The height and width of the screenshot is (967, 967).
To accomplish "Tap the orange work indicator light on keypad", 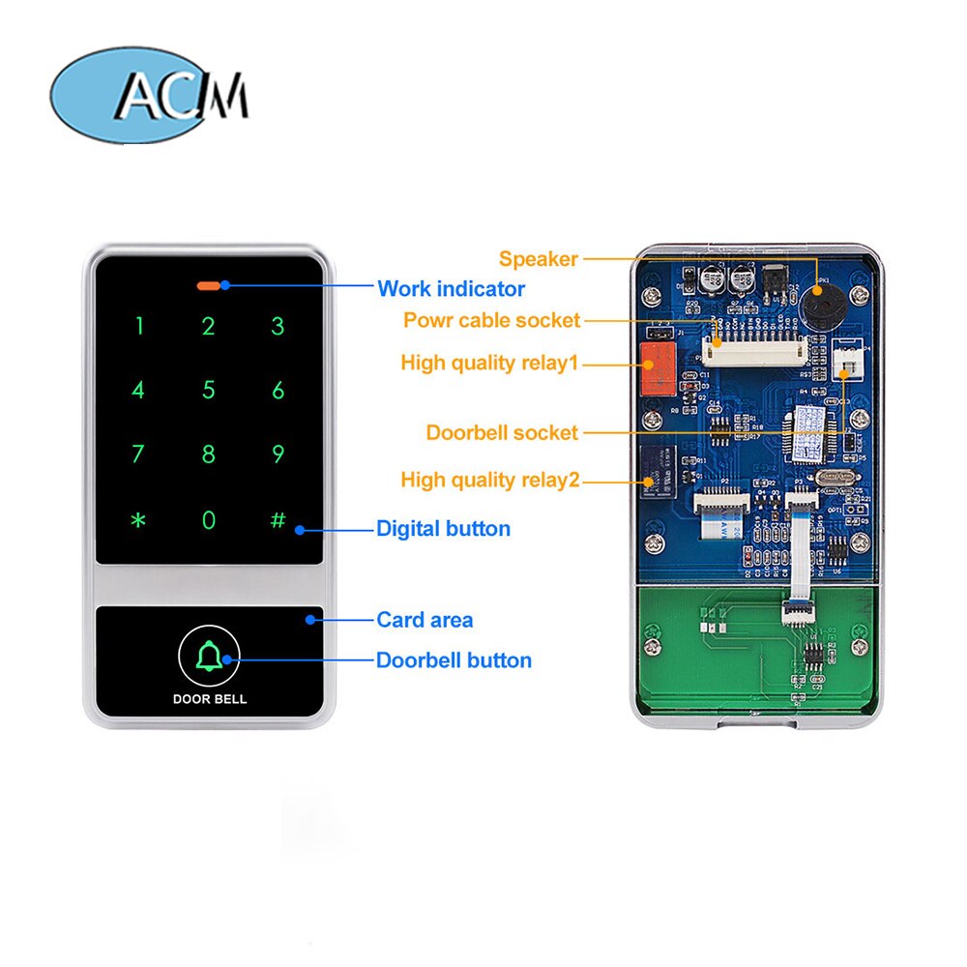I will [208, 285].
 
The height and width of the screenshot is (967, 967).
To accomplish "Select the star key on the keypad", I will [138, 520].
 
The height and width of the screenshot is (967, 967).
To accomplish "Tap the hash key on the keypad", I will [278, 519].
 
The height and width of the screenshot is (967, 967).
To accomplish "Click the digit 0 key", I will [208, 520].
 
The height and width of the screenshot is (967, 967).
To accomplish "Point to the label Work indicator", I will [451, 288].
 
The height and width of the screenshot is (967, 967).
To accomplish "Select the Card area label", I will [425, 620].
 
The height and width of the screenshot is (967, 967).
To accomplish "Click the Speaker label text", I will [538, 258].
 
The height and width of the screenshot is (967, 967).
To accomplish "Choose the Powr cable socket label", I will [491, 320].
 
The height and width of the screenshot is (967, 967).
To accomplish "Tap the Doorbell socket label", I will [502, 432].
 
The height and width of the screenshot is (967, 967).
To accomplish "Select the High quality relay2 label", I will [489, 480].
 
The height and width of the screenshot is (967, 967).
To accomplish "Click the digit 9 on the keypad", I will [278, 454].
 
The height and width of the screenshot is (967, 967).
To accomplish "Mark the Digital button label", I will [443, 529].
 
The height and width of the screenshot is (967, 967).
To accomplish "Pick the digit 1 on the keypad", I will [138, 326].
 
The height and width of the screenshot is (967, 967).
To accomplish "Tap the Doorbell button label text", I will [454, 660].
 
